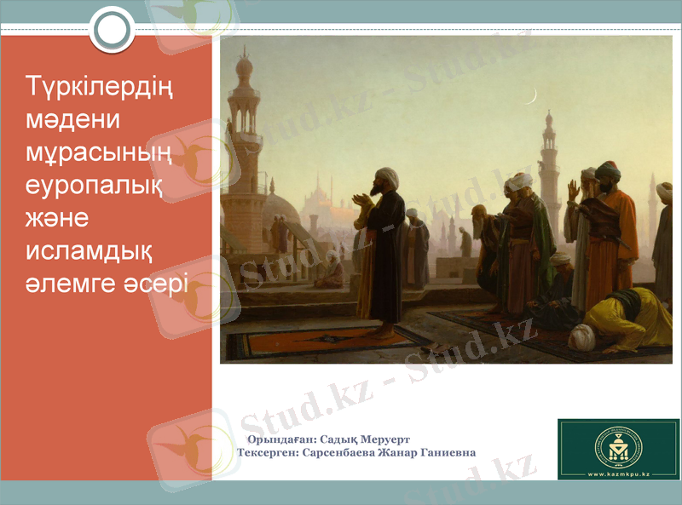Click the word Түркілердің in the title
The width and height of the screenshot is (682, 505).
(100, 88)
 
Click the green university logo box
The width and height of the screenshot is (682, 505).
(618, 448)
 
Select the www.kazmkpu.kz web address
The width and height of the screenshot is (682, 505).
(618, 472)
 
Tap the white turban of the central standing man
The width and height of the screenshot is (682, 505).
(387, 176)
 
